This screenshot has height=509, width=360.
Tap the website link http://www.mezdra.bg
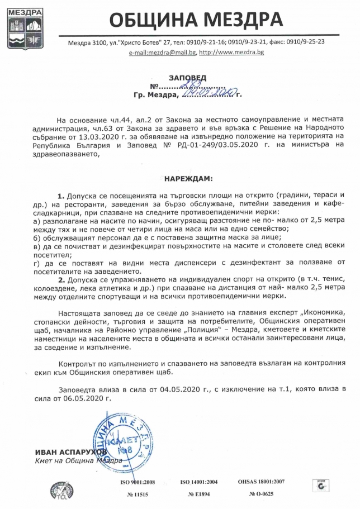pos(231,52)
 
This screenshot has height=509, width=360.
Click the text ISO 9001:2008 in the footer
pos(138,481)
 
